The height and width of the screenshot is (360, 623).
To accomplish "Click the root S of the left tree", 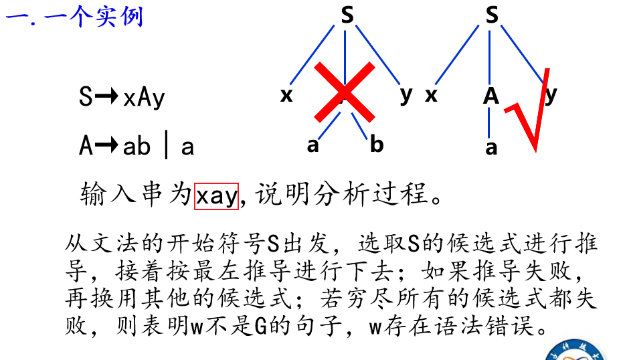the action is point(347,15).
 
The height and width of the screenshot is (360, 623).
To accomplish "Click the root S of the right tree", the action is point(492,15).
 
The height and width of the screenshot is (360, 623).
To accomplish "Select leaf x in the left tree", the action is point(286,95).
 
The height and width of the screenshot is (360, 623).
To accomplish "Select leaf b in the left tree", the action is point(377,143).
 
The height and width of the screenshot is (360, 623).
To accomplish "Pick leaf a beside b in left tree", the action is point(313,143).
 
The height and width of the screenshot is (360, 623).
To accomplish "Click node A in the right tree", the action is point(492,96).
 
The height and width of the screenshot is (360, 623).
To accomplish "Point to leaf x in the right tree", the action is point(432,95).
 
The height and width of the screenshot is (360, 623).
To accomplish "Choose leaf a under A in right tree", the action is point(492,147).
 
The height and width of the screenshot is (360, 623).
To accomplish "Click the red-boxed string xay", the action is point(216,195).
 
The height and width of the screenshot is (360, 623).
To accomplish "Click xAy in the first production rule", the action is point(143,98).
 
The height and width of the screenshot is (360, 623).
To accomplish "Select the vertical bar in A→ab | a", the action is point(165,145).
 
